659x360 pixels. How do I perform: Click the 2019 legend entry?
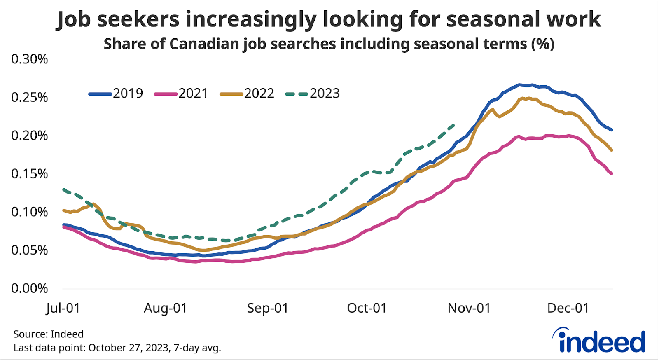click(116, 94)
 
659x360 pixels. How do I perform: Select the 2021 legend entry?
click(181, 94)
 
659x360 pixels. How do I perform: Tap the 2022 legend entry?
click(247, 94)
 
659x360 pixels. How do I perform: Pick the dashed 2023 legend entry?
click(313, 94)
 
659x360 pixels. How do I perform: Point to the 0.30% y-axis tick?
click(30, 59)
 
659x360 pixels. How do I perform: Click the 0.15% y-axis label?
click(30, 174)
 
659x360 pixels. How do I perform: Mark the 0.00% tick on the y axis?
click(30, 288)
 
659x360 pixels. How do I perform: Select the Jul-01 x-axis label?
click(63, 308)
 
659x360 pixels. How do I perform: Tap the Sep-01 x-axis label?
click(268, 308)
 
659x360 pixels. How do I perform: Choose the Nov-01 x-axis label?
click(469, 308)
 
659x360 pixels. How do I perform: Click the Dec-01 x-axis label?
click(568, 308)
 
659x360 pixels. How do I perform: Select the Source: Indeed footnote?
click(48, 334)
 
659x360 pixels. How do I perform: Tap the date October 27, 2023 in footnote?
click(129, 348)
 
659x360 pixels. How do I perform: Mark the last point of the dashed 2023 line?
click(454, 125)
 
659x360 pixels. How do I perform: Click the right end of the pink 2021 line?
click(612, 173)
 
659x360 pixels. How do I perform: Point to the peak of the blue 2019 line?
click(520, 84)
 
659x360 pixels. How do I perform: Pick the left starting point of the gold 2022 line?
click(63, 210)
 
